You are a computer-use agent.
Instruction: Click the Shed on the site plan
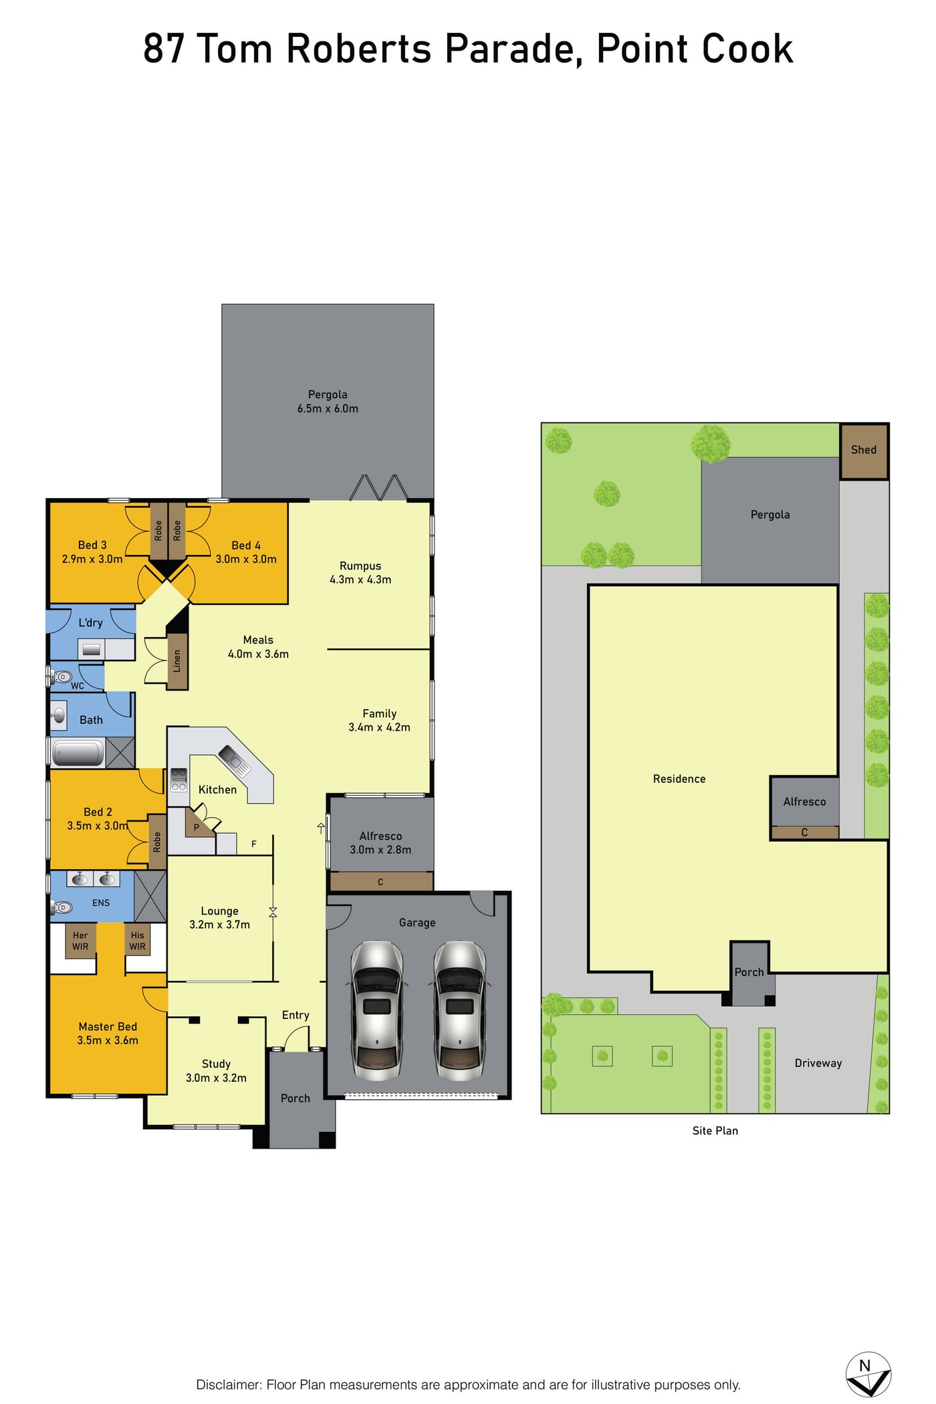click(x=864, y=451)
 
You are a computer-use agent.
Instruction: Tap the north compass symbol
click(x=868, y=1374)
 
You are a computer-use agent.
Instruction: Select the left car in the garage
click(x=377, y=1010)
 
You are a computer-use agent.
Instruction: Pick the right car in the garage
click(x=460, y=1010)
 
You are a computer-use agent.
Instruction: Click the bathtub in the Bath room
click(x=78, y=753)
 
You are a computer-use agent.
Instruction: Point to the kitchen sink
click(x=235, y=760)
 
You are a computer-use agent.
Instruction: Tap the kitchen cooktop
click(x=179, y=780)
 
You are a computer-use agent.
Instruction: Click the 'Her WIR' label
click(x=80, y=941)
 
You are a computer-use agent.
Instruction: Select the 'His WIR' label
click(x=137, y=941)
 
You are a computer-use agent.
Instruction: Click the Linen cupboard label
click(x=177, y=661)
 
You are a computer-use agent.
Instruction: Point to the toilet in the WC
click(x=61, y=677)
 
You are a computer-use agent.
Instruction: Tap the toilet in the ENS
click(x=62, y=907)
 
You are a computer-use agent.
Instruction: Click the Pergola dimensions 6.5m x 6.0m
click(x=328, y=408)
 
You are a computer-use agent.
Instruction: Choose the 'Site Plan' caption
click(x=715, y=1131)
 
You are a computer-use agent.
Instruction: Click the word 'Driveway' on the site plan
click(x=818, y=1063)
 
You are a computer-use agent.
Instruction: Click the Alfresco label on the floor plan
click(x=381, y=836)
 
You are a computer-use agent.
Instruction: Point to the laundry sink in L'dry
click(x=92, y=649)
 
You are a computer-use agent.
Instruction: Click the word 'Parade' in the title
click(x=511, y=49)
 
